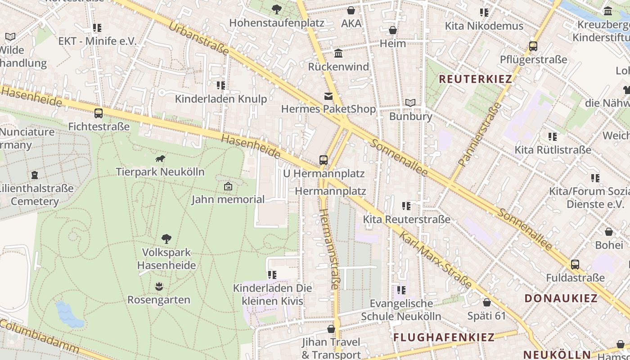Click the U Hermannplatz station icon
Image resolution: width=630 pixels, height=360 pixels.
click(x=323, y=160)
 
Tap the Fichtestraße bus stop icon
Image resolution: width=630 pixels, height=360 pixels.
click(x=99, y=113)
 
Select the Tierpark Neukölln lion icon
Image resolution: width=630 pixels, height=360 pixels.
click(x=160, y=158)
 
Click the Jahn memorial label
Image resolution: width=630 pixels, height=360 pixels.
click(x=228, y=199)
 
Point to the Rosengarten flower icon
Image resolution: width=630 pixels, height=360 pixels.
click(x=158, y=286)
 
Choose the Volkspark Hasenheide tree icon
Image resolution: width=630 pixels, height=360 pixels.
click(x=166, y=238)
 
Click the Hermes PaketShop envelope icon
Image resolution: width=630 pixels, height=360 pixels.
click(x=328, y=96)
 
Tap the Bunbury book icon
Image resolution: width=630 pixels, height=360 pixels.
click(x=410, y=103)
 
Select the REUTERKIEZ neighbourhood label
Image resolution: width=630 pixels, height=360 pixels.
click(x=475, y=79)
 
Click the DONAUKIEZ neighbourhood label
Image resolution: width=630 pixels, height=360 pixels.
click(x=561, y=298)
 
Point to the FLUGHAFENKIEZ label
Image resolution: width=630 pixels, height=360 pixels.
click(x=444, y=337)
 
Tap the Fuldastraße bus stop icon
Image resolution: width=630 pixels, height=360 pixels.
click(x=575, y=265)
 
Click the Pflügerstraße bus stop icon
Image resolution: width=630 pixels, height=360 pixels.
click(x=533, y=46)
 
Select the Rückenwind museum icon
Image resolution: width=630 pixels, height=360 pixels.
click(x=338, y=54)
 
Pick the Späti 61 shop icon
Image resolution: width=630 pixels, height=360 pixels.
click(x=486, y=302)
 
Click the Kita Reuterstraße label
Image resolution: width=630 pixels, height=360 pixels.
click(x=407, y=220)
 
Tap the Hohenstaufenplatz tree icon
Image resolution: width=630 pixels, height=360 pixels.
click(x=276, y=9)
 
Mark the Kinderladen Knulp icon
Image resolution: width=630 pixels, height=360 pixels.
click(x=220, y=85)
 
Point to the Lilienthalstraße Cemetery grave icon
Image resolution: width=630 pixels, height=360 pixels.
click(x=35, y=175)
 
